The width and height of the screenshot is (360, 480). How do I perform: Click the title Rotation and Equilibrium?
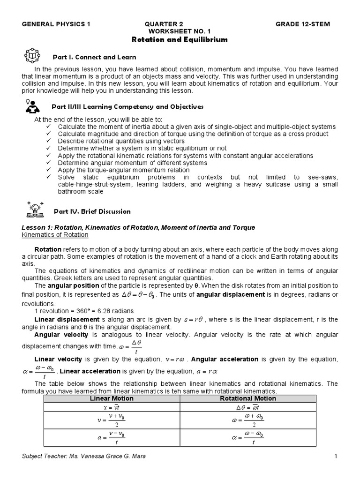pos(180,40)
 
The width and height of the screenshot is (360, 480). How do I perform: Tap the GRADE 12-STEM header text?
pos(302,24)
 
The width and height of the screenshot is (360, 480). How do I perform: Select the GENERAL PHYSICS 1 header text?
pos(56,24)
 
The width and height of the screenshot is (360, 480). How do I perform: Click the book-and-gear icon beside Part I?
pos(32,56)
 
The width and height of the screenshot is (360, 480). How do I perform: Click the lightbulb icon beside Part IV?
pos(35,210)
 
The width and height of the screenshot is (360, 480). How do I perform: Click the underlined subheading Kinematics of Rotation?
pos(55,235)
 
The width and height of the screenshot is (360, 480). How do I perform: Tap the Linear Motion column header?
pos(112,398)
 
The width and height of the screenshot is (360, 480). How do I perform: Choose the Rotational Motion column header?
pos(248,398)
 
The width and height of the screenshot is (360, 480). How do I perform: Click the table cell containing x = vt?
pos(112,408)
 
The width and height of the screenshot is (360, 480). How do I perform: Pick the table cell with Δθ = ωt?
pos(248,408)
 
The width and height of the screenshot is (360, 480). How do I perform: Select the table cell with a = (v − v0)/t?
pos(112,438)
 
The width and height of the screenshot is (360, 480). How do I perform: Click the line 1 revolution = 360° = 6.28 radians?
pos(84,311)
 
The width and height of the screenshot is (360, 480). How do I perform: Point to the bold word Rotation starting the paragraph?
pos(48,249)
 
